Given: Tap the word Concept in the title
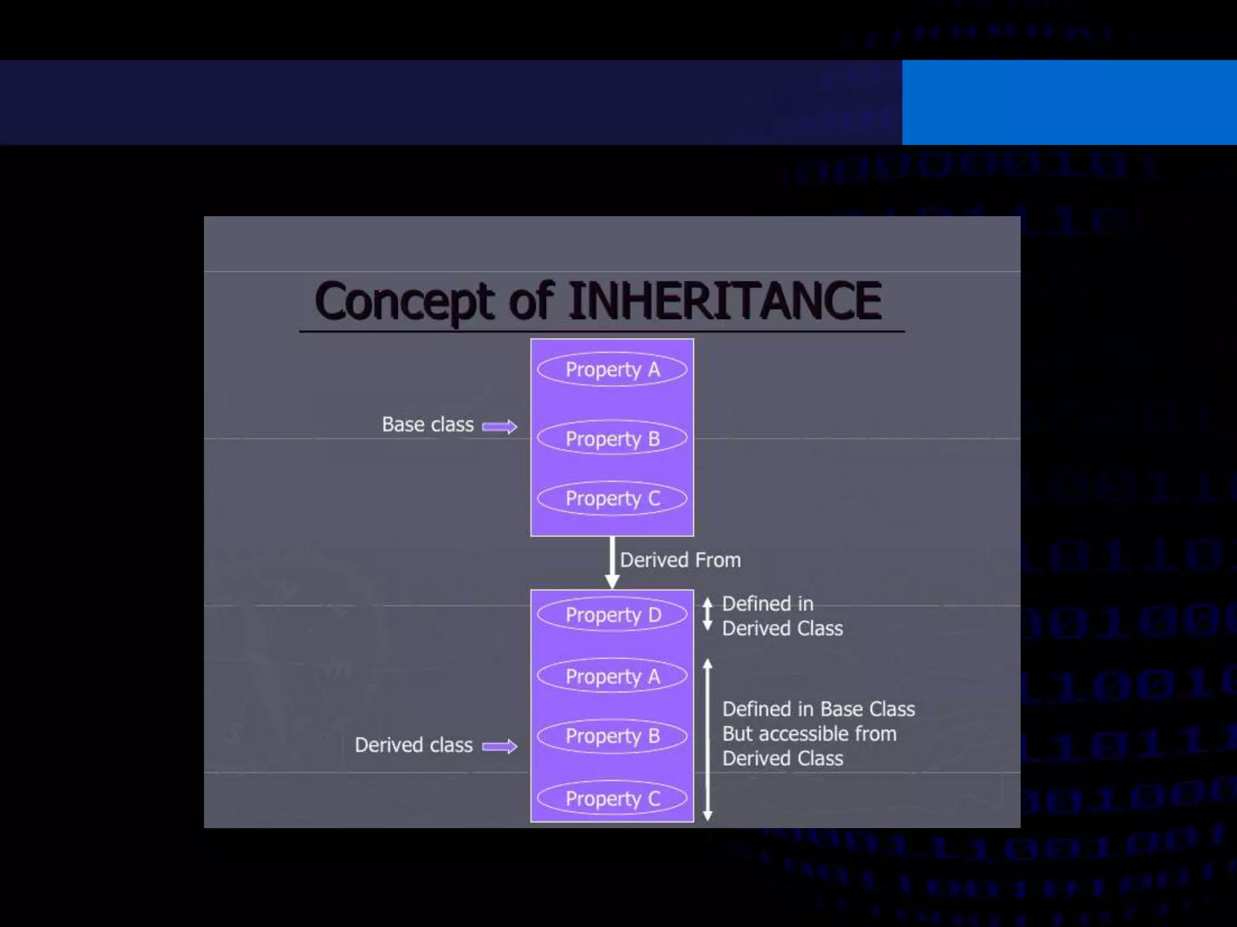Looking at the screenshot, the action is pyautogui.click(x=405, y=302).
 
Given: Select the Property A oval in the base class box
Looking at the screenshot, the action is pyautogui.click(x=612, y=369).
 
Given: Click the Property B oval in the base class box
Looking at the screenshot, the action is pyautogui.click(x=612, y=438).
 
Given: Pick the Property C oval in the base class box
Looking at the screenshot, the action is pyautogui.click(x=612, y=499).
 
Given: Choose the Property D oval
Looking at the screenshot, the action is pyautogui.click(x=612, y=614).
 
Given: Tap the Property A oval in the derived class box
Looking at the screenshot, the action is pyautogui.click(x=612, y=676).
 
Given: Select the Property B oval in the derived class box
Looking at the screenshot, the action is pyautogui.click(x=612, y=736).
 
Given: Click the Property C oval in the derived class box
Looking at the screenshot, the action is pyautogui.click(x=612, y=798).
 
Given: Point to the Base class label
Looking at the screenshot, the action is pyautogui.click(x=428, y=425).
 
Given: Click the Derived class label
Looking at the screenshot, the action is pyautogui.click(x=414, y=745).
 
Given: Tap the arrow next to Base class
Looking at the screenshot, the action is pyautogui.click(x=500, y=427).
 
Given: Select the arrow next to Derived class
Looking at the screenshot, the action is pyautogui.click(x=500, y=747).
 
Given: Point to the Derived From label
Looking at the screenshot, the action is pyautogui.click(x=680, y=560).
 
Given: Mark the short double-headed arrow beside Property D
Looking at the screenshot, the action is pyautogui.click(x=707, y=614).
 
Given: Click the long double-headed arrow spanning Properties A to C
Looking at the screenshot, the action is pyautogui.click(x=707, y=740).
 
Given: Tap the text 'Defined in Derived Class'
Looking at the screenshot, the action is pyautogui.click(x=782, y=616).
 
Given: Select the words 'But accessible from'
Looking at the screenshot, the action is pyautogui.click(x=809, y=734).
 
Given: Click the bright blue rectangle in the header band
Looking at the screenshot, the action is pyautogui.click(x=1069, y=102).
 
